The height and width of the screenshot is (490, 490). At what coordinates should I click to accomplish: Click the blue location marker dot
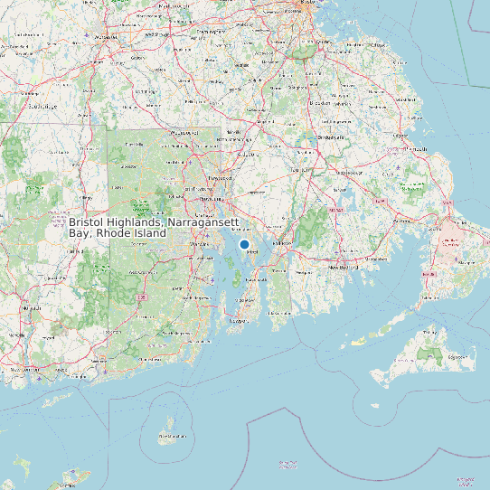point(244,244)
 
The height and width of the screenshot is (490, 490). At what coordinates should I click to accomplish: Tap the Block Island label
point(172,437)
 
